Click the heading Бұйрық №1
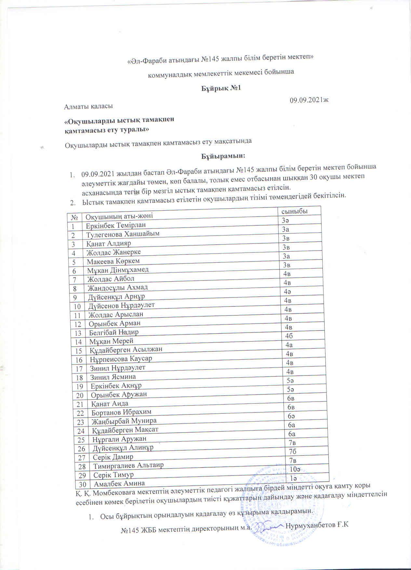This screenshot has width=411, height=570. [221, 88]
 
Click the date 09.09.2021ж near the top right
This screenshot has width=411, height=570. [309, 101]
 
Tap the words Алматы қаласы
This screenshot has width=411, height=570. [88, 106]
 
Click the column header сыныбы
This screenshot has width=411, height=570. [295, 211]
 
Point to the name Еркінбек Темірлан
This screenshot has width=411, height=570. [116, 225]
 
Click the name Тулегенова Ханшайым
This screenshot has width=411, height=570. [123, 234]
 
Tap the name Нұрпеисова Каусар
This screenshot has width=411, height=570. [121, 359]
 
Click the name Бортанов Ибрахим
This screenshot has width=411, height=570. [121, 412]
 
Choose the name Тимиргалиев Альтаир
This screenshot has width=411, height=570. [128, 466]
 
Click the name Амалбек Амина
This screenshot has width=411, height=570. [119, 483]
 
